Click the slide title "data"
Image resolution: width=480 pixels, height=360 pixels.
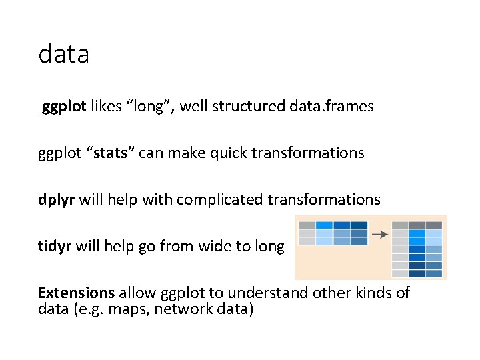pyautogui.click(x=64, y=53)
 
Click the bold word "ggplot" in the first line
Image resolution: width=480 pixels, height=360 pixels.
pyautogui.click(x=64, y=107)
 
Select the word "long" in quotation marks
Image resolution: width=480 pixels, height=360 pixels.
pyautogui.click(x=149, y=107)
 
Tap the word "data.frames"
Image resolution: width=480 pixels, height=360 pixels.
pyautogui.click(x=331, y=106)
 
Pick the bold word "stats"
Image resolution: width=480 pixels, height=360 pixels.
pyautogui.click(x=110, y=153)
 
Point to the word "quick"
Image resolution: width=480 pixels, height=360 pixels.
pyautogui.click(x=229, y=153)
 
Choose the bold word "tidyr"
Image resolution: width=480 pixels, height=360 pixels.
pyautogui.click(x=55, y=247)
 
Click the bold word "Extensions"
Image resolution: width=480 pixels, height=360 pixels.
pyautogui.click(x=77, y=293)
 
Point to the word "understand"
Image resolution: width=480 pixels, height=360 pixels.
pyautogui.click(x=268, y=293)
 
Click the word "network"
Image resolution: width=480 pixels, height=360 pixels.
pyautogui.click(x=183, y=309)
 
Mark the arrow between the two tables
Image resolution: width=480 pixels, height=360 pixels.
pyautogui.click(x=380, y=235)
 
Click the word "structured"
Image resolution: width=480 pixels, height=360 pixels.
pyautogui.click(x=249, y=106)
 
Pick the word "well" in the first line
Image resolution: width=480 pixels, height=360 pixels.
pyautogui.click(x=193, y=106)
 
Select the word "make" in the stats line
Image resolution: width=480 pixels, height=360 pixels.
pyautogui.click(x=187, y=153)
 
